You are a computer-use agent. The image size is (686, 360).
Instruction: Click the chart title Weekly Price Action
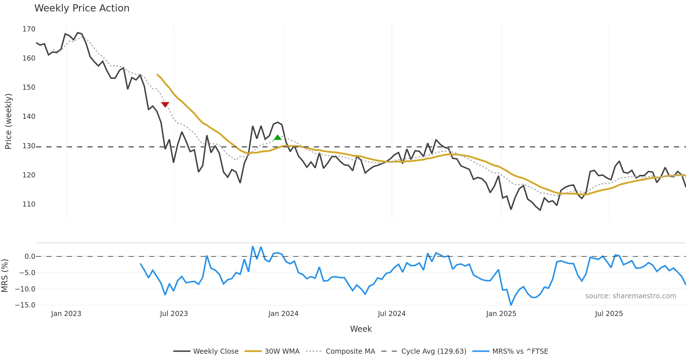tap(82, 8)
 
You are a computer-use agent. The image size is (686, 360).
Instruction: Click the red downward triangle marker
tap(165, 104)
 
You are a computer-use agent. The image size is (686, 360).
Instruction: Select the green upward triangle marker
tap(278, 137)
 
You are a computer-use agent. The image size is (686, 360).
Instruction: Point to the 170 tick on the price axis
tap(29, 29)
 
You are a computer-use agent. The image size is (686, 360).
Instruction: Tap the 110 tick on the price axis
tap(29, 204)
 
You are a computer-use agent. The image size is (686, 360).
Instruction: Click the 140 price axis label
tap(29, 117)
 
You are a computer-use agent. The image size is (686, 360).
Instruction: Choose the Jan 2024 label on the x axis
tap(283, 314)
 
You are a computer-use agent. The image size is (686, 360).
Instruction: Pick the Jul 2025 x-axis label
tap(609, 314)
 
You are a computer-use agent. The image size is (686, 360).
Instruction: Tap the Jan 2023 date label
tap(66, 314)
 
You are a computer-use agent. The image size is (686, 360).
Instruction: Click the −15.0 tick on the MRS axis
tap(25, 305)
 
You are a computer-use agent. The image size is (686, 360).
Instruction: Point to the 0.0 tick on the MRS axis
tap(30, 257)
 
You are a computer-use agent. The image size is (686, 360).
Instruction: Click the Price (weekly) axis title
tap(8, 121)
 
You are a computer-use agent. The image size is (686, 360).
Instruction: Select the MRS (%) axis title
tap(5, 276)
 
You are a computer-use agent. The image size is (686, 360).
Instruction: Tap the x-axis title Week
tap(361, 329)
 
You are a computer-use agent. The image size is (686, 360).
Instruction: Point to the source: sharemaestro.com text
tap(631, 296)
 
